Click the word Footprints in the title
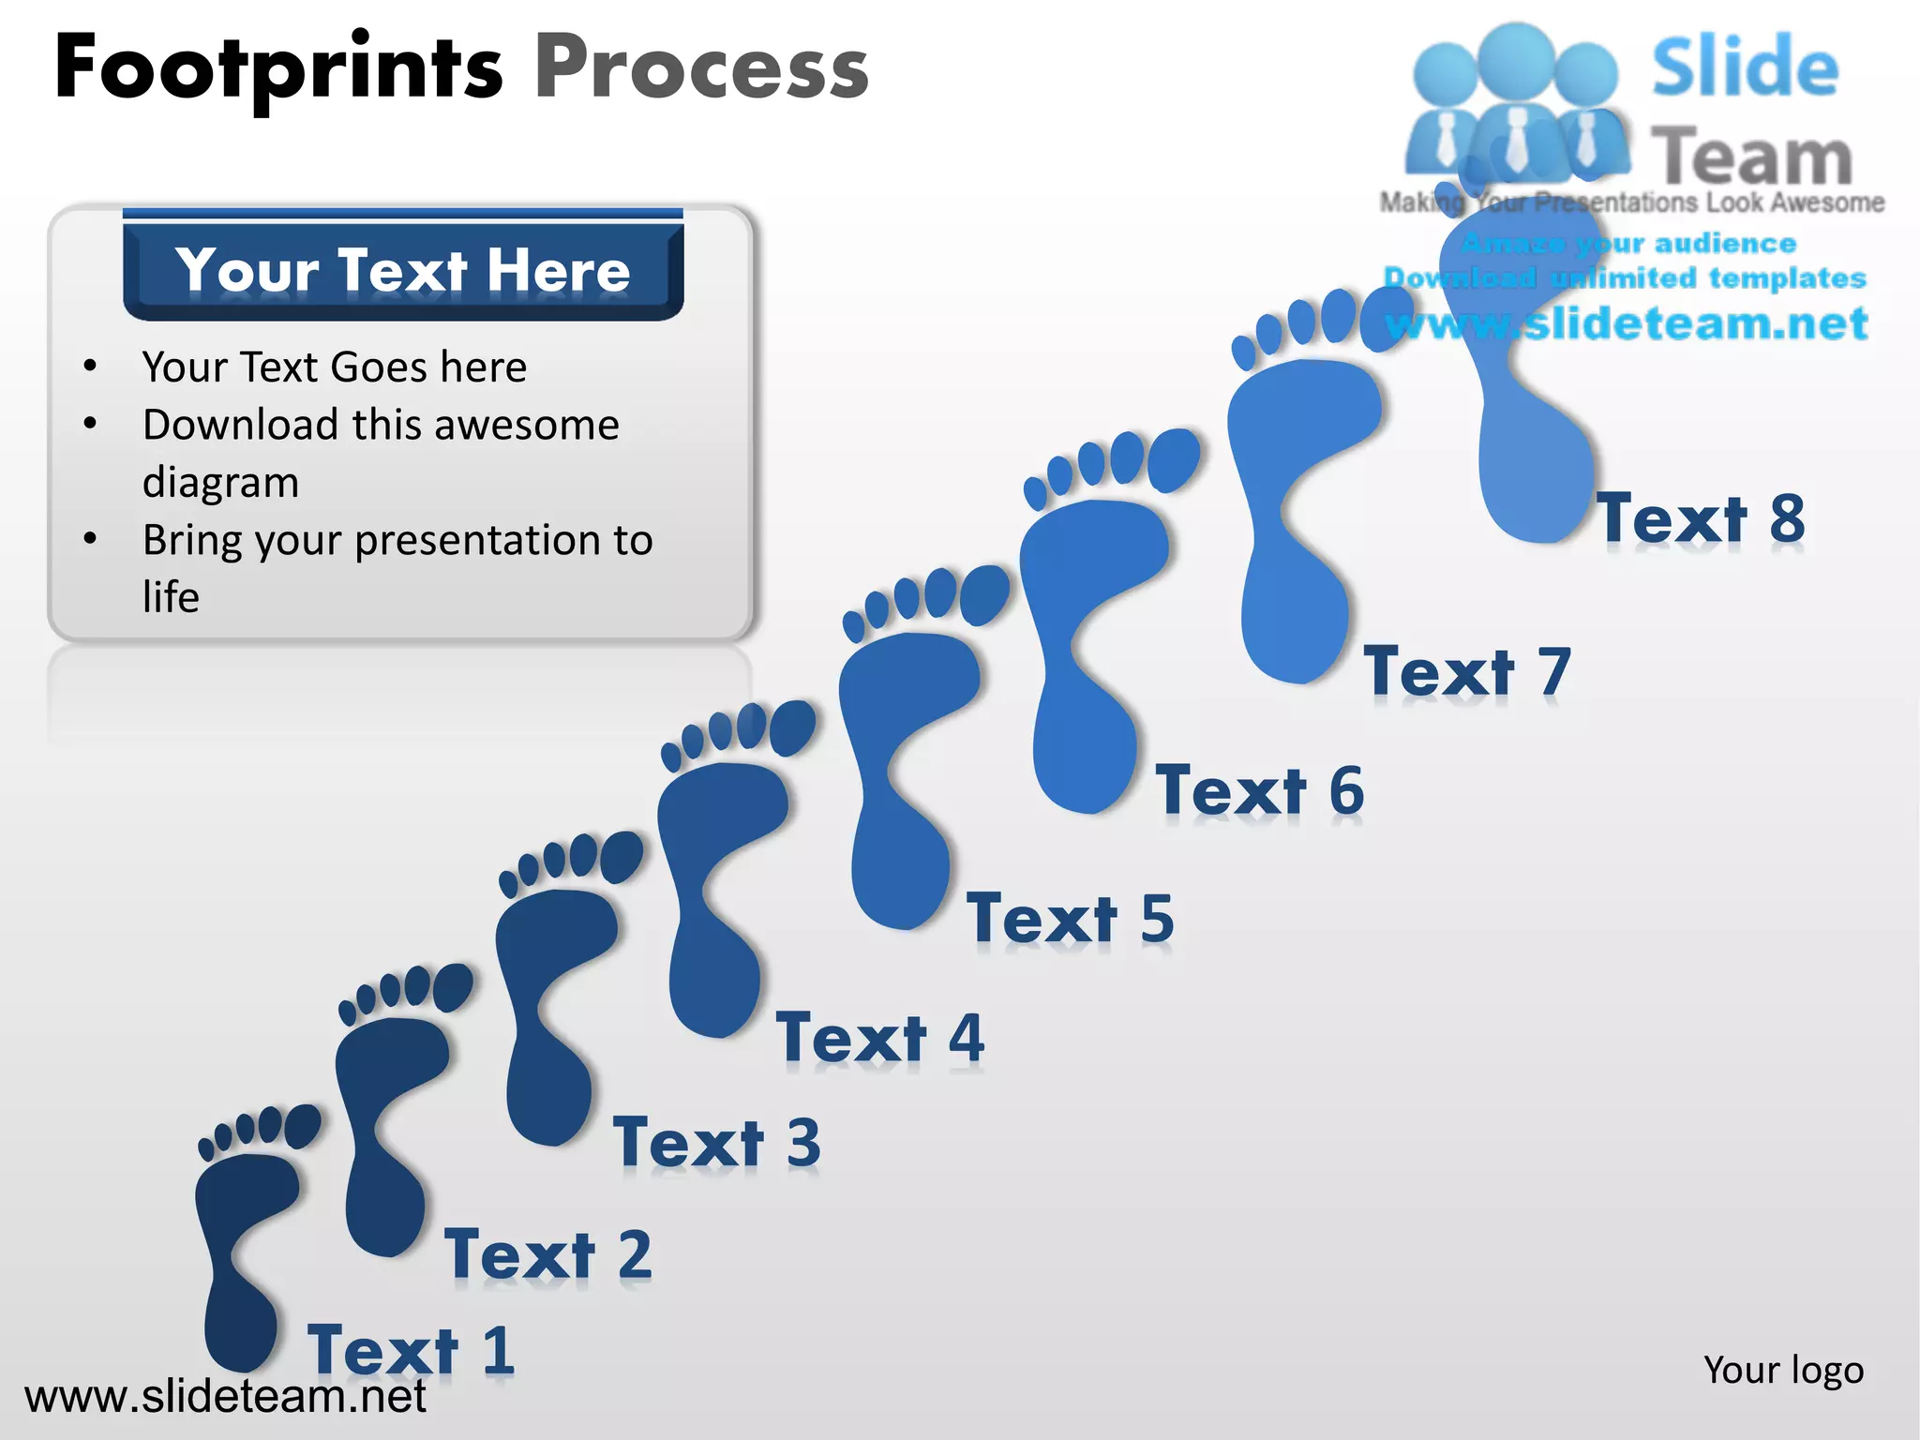tap(279, 67)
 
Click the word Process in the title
tap(701, 67)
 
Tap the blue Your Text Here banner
tap(403, 270)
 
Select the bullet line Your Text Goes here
tap(334, 367)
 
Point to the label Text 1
tap(411, 1350)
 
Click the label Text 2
tap(548, 1254)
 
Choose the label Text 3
tap(717, 1143)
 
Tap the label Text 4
tap(880, 1038)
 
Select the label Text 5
tap(1071, 918)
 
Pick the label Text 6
tap(1260, 790)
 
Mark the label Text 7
tap(1467, 671)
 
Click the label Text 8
tap(1702, 517)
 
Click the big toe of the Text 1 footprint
tap(302, 1126)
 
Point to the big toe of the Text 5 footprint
tap(984, 593)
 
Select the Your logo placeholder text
tap(1783, 1370)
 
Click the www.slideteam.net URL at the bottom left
tap(225, 1396)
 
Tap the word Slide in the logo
tap(1745, 67)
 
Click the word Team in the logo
tap(1751, 157)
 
